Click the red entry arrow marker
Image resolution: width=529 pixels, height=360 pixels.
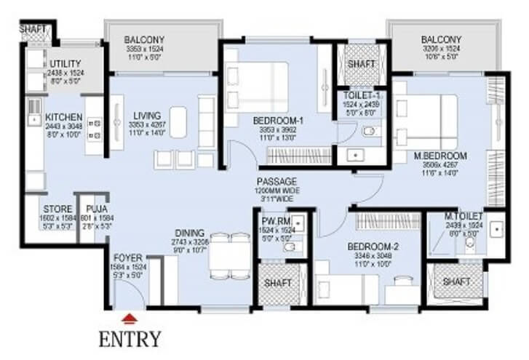point(129,317)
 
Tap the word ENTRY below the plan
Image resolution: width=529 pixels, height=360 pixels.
point(130,338)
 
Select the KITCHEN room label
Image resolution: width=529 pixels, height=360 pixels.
point(63,116)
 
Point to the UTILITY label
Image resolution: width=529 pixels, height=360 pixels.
point(65,64)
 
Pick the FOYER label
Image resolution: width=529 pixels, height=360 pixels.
point(128,257)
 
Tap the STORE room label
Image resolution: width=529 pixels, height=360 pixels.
point(57,209)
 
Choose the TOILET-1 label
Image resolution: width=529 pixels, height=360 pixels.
point(362,96)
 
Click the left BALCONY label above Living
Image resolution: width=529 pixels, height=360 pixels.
point(144,39)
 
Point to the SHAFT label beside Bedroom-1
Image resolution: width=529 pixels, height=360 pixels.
point(362,64)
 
